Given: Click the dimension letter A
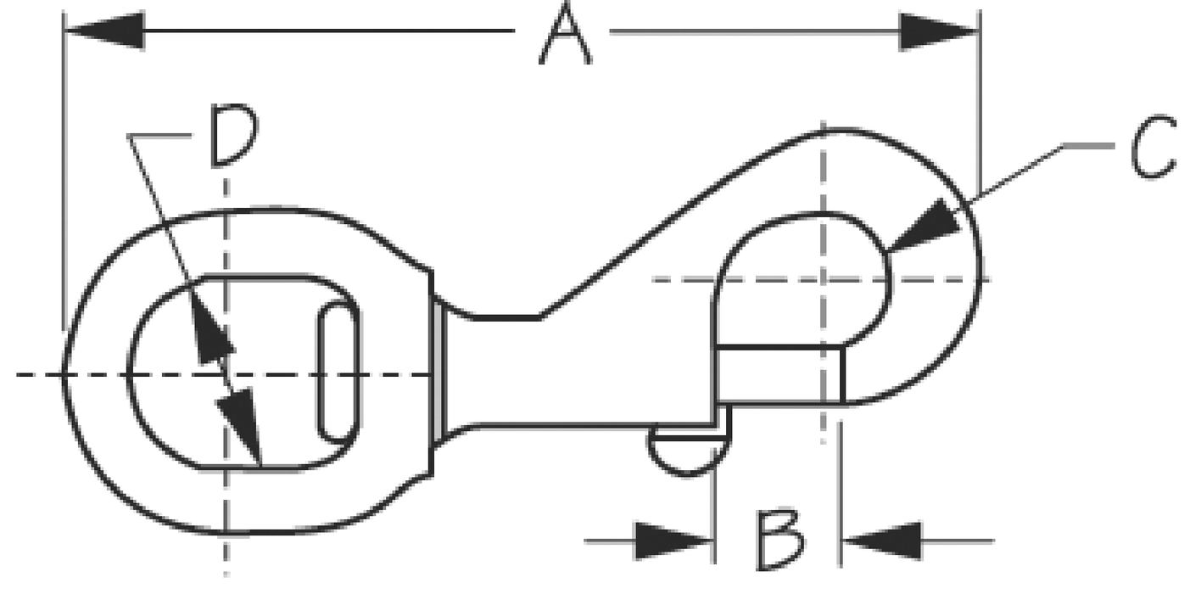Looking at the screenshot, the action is coord(565,33).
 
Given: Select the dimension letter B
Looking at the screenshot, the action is coord(779,540).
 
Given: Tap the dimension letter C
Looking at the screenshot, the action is coord(1153,147).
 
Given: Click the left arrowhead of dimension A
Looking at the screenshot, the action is coord(104,31).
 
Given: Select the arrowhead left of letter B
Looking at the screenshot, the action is coord(674,541).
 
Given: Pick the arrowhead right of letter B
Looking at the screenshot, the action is coord(882,541).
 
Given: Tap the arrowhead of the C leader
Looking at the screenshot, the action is coord(925,225).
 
